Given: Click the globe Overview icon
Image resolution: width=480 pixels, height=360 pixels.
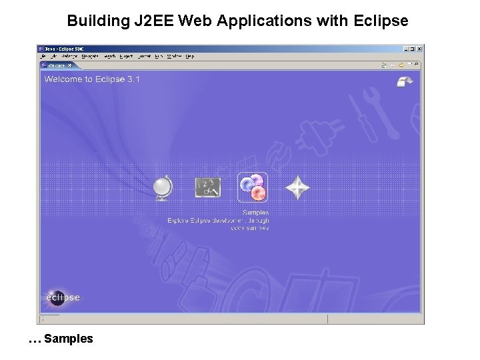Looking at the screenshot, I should pos(162,187).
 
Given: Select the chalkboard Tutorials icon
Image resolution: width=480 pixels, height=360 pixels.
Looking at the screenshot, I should pos(207,187).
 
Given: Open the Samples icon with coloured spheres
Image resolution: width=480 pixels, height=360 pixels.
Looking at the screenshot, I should pos(253,187).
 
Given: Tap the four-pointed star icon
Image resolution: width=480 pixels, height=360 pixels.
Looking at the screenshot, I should pos(297,187).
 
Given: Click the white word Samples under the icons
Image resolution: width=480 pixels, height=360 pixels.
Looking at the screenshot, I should pos(256,213).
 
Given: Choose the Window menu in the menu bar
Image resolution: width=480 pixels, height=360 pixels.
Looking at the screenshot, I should pos(174,57).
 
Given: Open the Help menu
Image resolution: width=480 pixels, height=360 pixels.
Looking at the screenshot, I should pos(190,57).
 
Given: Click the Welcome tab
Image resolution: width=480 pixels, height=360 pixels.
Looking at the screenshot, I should pos(57,65).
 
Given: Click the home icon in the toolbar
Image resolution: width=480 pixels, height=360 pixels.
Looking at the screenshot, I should pos(385,65).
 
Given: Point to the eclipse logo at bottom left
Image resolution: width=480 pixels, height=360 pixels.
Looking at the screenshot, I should pos(63,297).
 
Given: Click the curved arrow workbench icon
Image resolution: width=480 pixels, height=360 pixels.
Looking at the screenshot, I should pos(405,81).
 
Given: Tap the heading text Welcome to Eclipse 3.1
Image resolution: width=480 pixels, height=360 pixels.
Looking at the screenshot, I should pos(92,79).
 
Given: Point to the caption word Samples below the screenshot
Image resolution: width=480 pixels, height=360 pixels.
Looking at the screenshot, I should pos(69,339).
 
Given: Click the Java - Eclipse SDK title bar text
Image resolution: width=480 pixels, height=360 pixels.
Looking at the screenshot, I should pos(64,49).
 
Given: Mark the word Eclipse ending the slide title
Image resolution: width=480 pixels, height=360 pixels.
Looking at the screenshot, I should pos(382,21).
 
